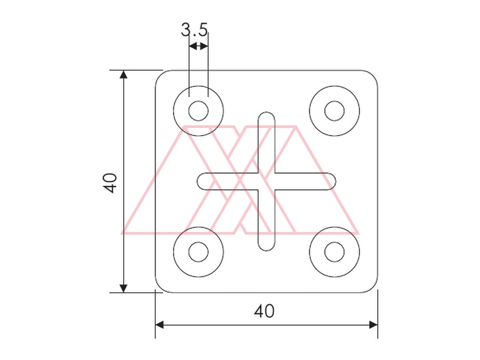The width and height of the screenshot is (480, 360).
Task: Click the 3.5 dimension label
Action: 194,30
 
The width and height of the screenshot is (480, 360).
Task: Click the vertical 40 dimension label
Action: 110,183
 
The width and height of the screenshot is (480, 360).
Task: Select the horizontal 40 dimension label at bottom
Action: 264,311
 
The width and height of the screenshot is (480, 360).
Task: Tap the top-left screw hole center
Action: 198,111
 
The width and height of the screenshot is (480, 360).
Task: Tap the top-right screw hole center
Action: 334,111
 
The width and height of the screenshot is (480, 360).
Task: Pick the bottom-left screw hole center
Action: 198,252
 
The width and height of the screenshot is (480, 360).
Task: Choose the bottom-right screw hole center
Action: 334,252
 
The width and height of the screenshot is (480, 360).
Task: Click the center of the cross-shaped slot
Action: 266,181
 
